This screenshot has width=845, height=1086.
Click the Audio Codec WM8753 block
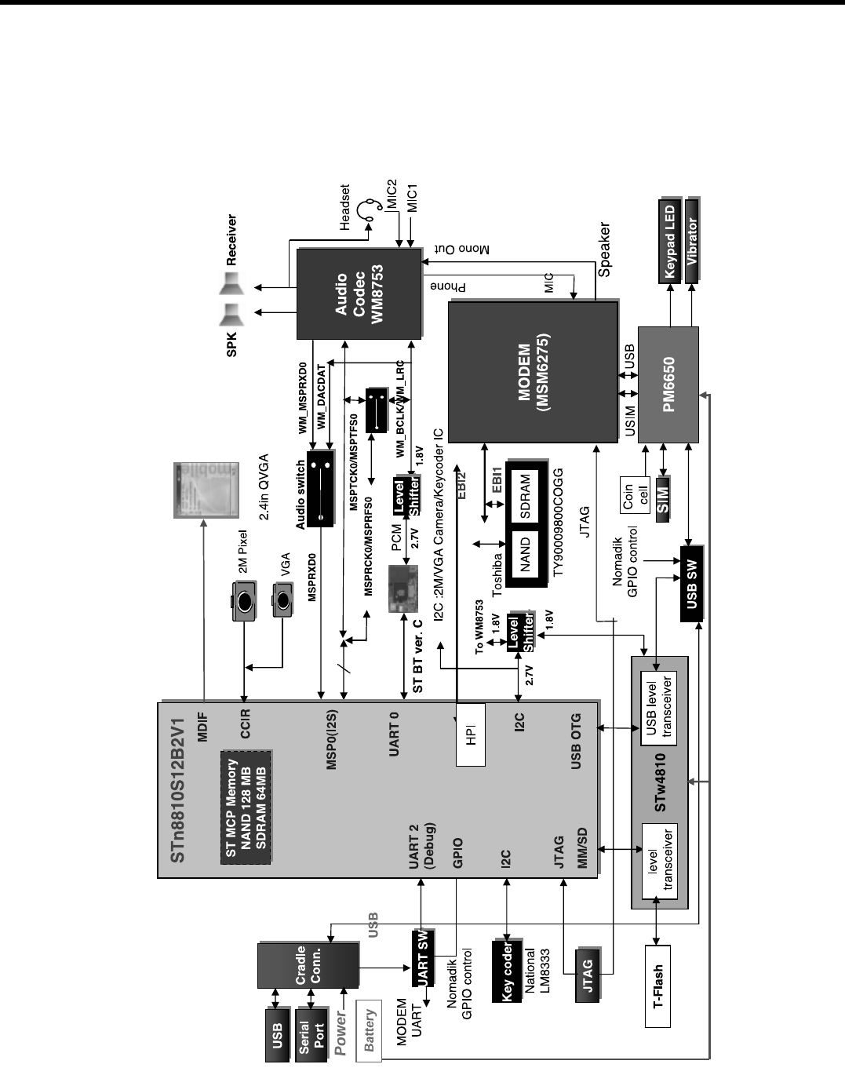[359, 293]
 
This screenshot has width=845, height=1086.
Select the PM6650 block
[668, 384]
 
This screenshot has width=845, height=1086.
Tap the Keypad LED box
[669, 242]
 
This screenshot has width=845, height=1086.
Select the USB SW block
[691, 582]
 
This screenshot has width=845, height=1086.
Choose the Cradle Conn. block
[308, 965]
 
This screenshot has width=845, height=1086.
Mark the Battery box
[369, 1030]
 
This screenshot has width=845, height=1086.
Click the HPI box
[471, 734]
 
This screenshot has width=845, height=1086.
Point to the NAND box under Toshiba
[525, 554]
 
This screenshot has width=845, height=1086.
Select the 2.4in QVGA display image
[206, 490]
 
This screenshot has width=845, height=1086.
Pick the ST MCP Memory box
[246, 807]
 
